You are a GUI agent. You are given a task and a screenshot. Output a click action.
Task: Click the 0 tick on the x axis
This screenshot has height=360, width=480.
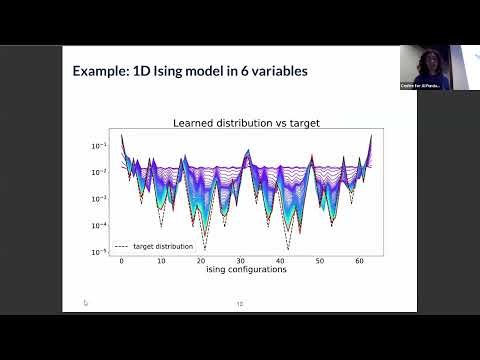[122, 261]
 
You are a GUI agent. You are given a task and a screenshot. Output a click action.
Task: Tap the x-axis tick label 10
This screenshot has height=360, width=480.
[161, 261]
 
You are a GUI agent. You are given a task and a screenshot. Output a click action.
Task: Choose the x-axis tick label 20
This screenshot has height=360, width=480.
[201, 261]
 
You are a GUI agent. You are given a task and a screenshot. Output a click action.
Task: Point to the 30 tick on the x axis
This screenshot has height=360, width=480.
[240, 261]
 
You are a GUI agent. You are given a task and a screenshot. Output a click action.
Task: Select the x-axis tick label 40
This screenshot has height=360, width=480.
[280, 261]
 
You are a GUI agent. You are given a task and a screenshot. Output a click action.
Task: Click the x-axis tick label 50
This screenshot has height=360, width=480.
[319, 261]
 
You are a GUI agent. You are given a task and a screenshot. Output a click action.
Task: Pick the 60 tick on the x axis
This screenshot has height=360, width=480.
[359, 261]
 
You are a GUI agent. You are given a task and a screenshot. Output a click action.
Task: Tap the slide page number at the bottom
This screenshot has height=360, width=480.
[240, 304]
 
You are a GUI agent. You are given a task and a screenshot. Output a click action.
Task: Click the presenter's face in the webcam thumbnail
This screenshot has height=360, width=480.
[428, 57]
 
